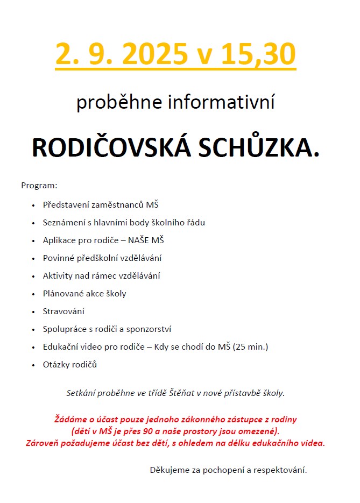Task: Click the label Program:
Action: click(39, 186)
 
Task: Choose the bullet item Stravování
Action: click(63, 311)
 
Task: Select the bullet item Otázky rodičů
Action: click(70, 365)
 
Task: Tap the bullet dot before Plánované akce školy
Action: click(33, 294)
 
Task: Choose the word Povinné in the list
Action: click(58, 258)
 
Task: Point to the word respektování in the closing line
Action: click(281, 470)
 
